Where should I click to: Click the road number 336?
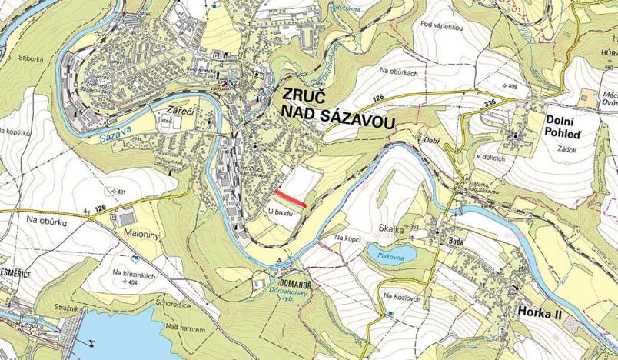click(491, 102)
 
